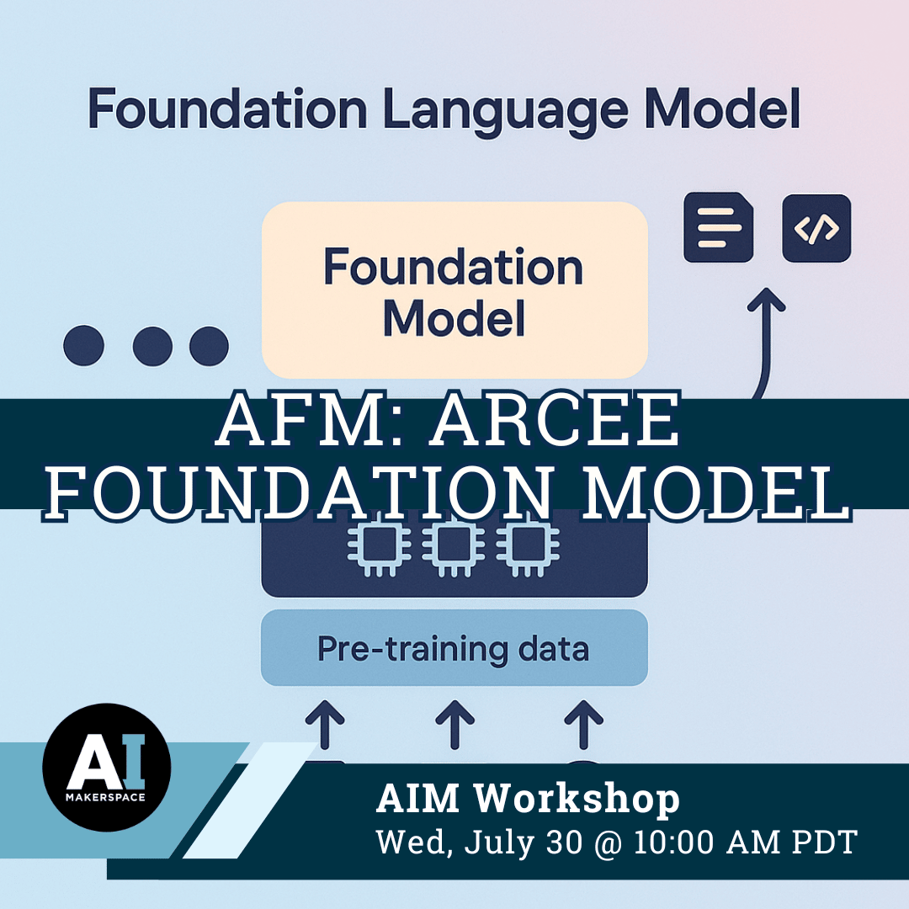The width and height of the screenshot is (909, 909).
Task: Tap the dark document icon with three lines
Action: [x=719, y=227]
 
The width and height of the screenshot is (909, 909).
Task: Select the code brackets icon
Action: [x=816, y=228]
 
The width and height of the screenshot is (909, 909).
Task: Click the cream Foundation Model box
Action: [x=454, y=290]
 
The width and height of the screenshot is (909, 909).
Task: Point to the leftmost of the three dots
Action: [x=84, y=346]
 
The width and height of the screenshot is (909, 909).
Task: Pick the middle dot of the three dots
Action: [x=152, y=346]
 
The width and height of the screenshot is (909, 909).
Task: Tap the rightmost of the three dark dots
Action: [x=210, y=346]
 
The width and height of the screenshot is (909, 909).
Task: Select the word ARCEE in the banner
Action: [x=555, y=418]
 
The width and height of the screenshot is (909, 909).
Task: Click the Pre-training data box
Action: [x=454, y=647]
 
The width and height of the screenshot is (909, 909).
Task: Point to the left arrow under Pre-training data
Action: [x=325, y=725]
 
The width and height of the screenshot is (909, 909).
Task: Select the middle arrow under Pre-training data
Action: [x=455, y=725]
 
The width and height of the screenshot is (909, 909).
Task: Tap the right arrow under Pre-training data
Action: [x=584, y=725]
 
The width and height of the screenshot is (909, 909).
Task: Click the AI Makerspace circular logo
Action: [x=107, y=767]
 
